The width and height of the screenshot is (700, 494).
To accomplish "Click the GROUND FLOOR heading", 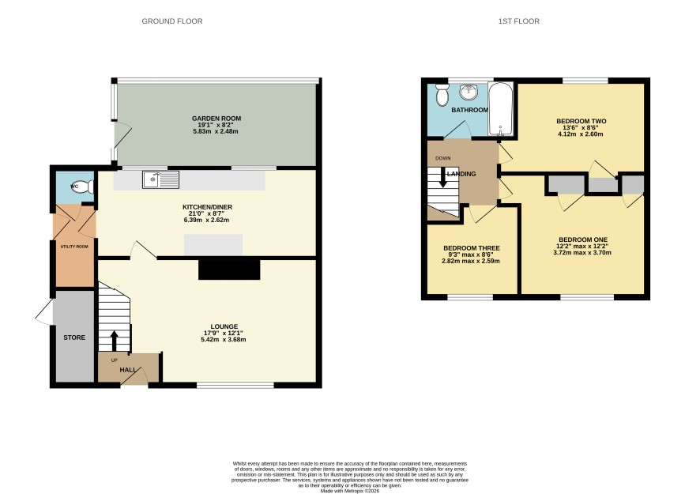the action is pos(172,21).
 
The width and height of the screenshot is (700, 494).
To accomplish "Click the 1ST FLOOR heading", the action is pos(518,21).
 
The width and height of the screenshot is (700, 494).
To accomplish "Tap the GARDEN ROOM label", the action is pos(216,119).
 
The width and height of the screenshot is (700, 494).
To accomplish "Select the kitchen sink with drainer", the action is pos(160,179).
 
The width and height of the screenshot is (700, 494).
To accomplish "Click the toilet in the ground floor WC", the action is pos(83,187).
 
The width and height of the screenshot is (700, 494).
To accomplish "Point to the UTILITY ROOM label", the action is pos(74,247).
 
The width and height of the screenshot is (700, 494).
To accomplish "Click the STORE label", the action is pos(74,338).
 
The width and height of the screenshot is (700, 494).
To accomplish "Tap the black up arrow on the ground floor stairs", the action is pos(114,341).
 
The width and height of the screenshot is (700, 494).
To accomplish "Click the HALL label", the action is pos(128,370).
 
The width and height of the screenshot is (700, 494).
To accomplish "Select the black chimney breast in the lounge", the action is pos(229,270).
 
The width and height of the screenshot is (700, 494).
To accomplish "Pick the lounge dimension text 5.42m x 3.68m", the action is pos(224,339).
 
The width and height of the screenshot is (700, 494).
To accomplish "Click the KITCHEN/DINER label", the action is pos(207,207).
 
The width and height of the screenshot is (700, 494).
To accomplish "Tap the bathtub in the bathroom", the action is pos(500,108).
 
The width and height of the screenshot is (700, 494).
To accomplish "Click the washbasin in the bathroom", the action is pos(469,92).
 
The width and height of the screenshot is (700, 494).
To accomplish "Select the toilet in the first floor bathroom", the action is pos(442,94).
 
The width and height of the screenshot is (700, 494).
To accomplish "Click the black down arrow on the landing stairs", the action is pos(443,178).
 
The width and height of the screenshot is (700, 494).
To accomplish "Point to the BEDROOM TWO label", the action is pos(581,121).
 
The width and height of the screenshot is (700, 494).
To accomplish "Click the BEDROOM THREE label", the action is pos(472,248).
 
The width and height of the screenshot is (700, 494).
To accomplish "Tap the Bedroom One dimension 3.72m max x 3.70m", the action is pos(582,252).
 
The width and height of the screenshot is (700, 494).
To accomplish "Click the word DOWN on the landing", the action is pos(443,158).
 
